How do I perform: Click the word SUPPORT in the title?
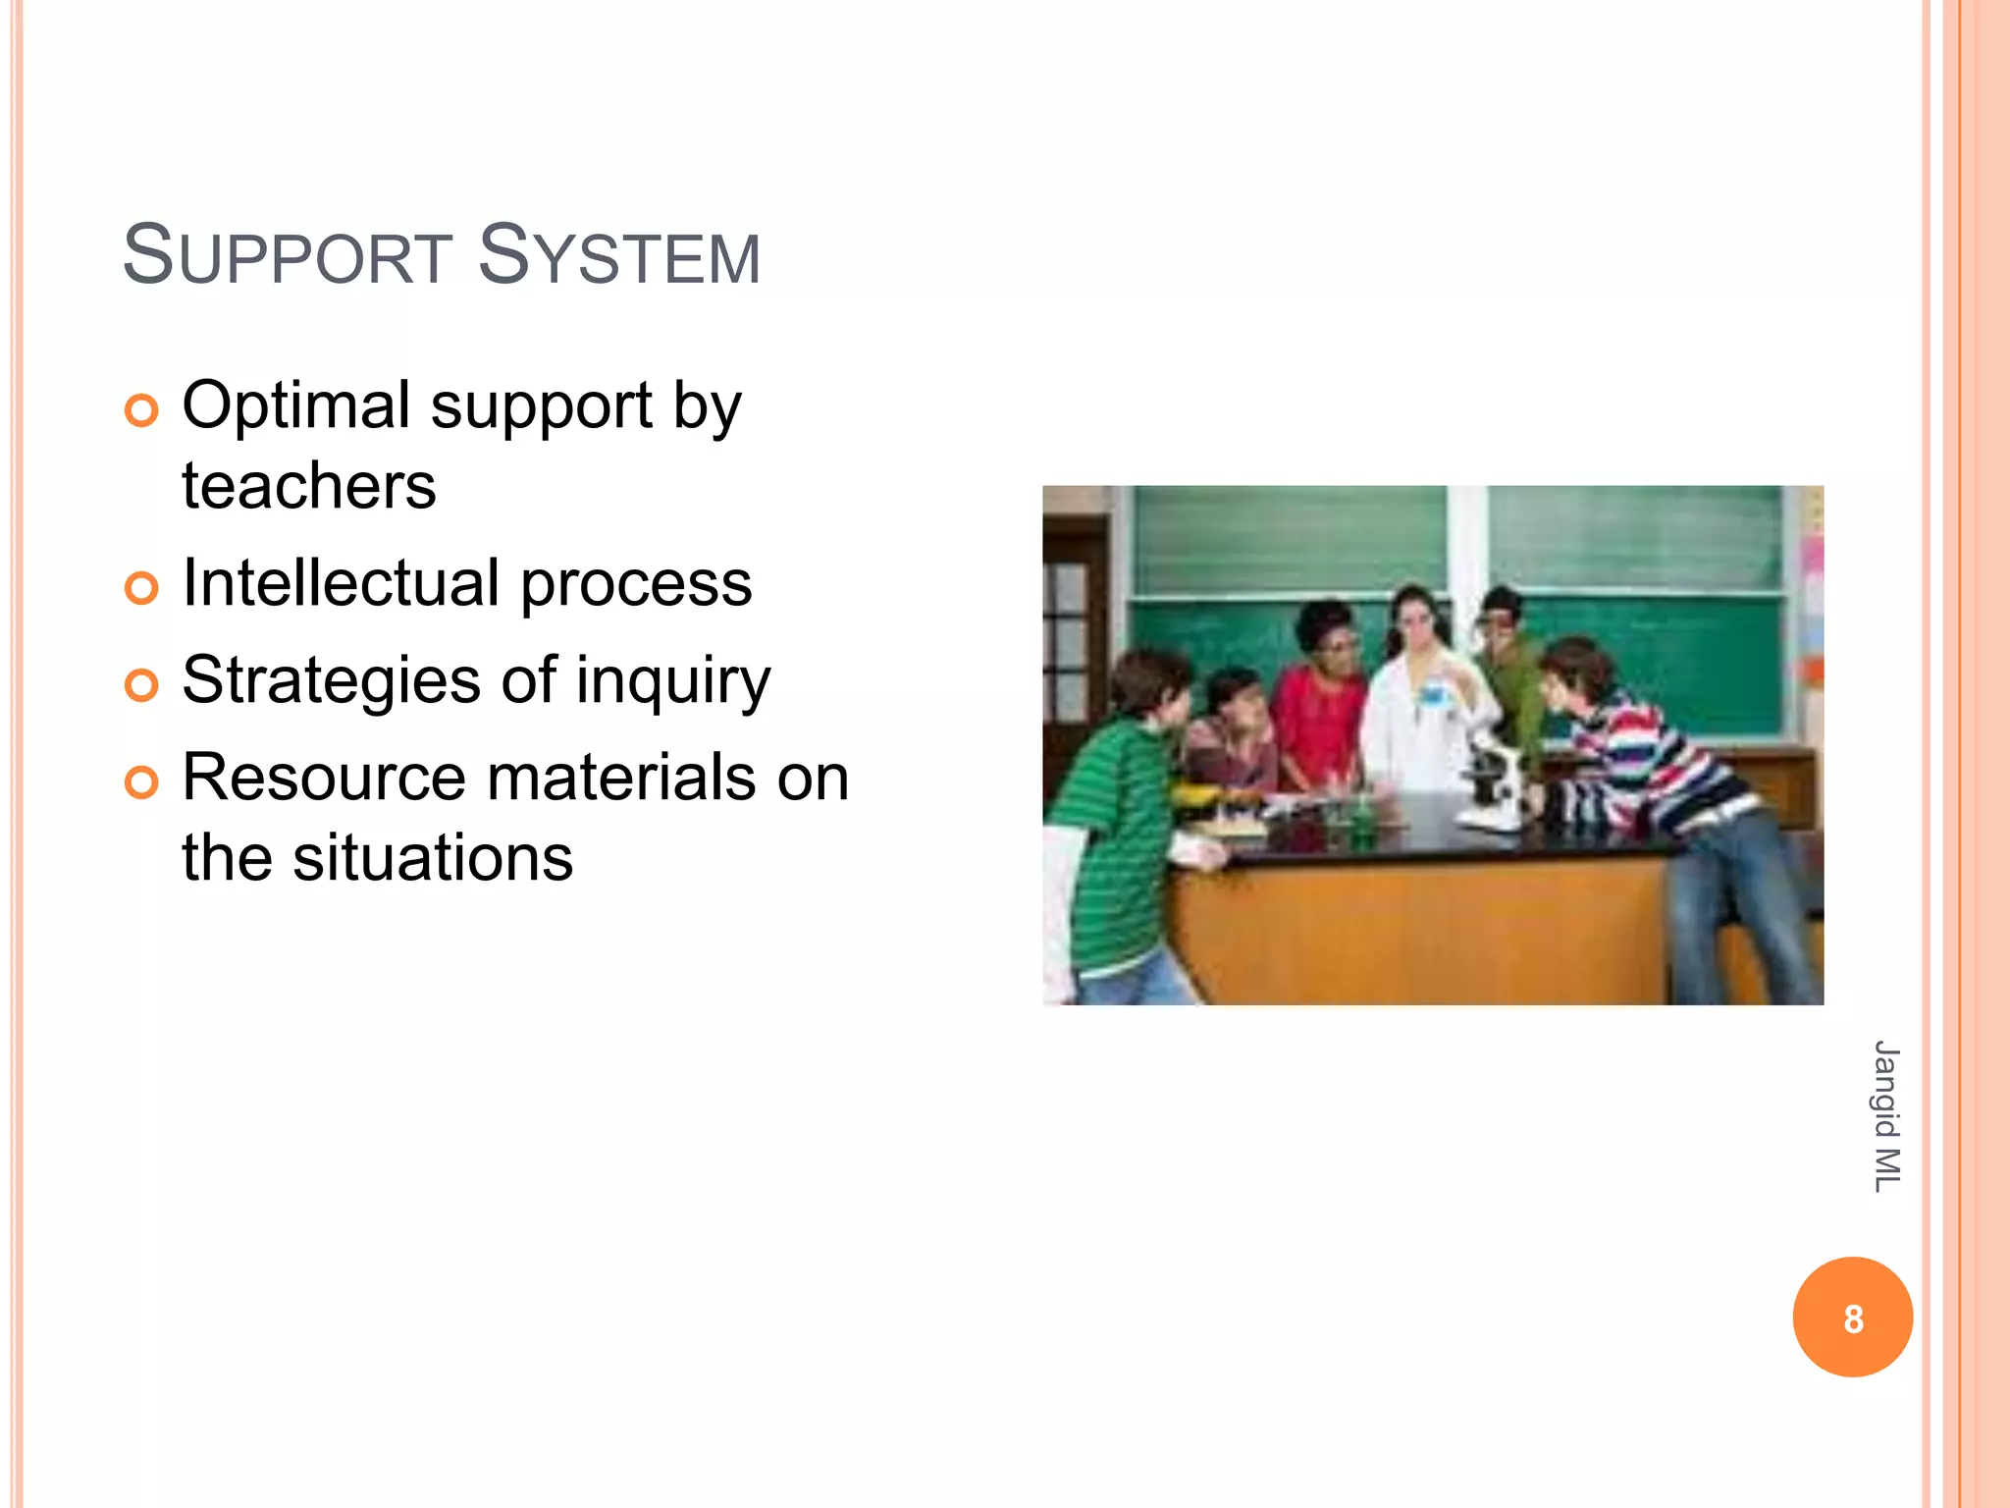288,257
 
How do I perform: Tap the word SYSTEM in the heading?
618,257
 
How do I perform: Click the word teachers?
309,486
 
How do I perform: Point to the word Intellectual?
341,583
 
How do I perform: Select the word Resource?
324,778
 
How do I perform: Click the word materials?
623,778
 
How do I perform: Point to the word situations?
433,858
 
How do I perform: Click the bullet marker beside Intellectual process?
142,588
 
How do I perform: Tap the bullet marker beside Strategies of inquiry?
142,685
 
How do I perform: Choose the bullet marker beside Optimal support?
142,410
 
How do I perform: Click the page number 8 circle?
1852,1318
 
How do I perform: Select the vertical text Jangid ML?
1885,1116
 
